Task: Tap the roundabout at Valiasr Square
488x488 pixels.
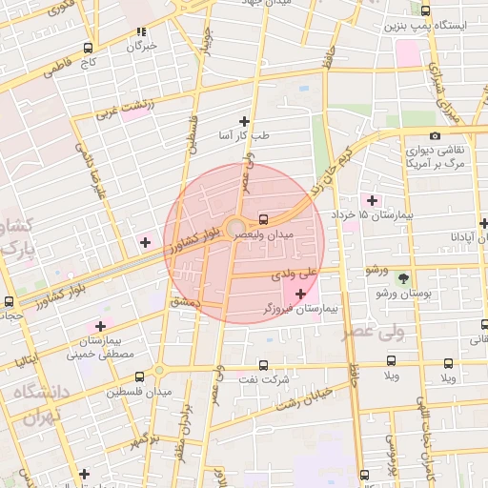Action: tap(234, 227)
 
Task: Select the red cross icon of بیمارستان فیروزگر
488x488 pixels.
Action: tap(302, 294)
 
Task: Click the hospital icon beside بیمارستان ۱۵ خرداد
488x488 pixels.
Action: tap(372, 200)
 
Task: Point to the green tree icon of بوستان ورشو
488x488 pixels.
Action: tap(403, 279)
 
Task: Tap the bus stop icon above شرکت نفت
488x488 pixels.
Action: tap(264, 364)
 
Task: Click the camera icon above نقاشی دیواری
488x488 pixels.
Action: tap(436, 136)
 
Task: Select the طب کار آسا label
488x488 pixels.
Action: tap(244, 136)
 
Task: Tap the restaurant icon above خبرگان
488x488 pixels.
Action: tap(142, 30)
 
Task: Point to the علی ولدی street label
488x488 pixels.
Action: tap(294, 274)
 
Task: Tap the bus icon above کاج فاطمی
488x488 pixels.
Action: tap(89, 48)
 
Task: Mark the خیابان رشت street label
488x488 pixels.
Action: tap(305, 397)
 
